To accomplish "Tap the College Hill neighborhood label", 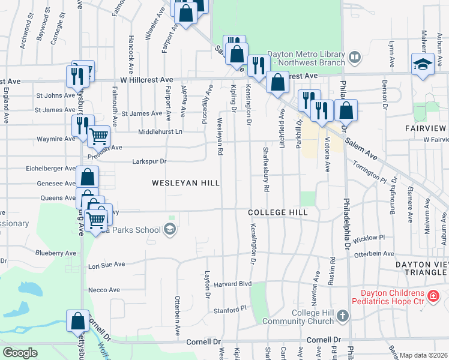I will click(x=279, y=212).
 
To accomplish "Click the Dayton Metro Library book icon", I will click(x=355, y=58).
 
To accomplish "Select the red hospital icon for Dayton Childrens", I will click(x=432, y=297).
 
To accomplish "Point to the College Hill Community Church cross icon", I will click(x=342, y=316).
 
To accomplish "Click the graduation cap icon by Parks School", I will click(x=170, y=229).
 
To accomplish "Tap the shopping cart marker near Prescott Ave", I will click(x=98, y=137).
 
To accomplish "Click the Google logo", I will click(x=20, y=352).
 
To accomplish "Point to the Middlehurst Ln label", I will click(x=160, y=131).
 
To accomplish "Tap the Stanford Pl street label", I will click(x=231, y=309).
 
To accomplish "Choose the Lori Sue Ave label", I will click(x=106, y=264).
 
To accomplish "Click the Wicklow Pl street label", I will click(x=369, y=239).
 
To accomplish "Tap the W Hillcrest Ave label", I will click(x=146, y=79).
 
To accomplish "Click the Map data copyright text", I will click(x=423, y=355).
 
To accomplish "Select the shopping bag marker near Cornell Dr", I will click(x=78, y=321).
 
